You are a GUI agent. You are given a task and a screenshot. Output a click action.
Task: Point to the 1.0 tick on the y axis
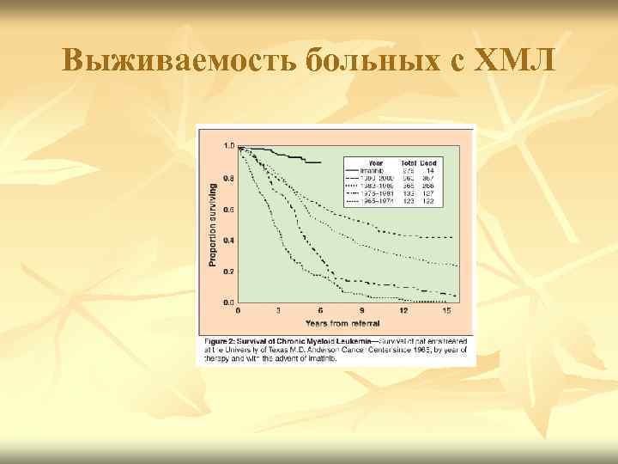(229, 147)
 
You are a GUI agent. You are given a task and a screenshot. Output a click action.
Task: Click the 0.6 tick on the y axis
(229, 210)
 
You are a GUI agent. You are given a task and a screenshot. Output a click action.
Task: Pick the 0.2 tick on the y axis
(229, 272)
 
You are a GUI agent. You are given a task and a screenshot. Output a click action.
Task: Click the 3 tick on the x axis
(279, 310)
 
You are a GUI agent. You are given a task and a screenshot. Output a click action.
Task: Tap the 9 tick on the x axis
(361, 310)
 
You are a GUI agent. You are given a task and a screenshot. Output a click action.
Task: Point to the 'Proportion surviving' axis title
(213, 225)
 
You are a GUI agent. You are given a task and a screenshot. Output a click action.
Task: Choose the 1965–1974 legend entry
(379, 200)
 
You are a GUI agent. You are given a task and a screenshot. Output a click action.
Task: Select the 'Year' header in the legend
(376, 161)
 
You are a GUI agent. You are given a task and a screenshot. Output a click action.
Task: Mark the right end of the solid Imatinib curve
(320, 162)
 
